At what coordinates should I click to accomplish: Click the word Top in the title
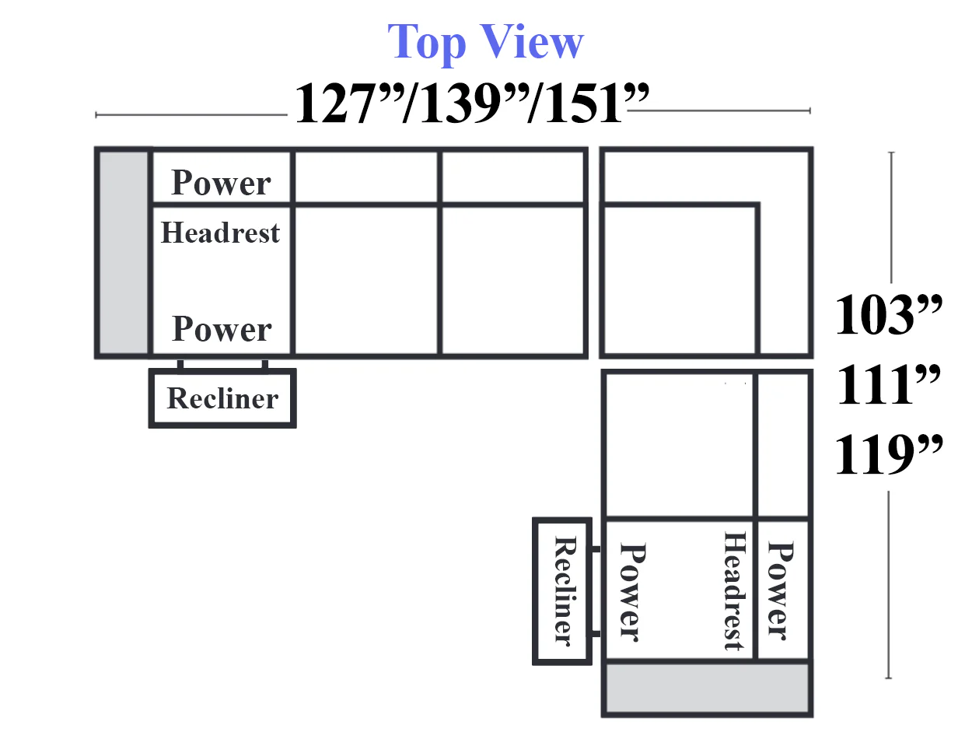(x=427, y=44)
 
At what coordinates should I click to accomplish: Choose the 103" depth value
(x=888, y=314)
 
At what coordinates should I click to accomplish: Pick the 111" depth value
(x=888, y=384)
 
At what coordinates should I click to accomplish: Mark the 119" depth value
(x=888, y=454)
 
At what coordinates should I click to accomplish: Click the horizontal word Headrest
(x=221, y=233)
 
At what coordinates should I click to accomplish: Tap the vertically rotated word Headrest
(x=736, y=591)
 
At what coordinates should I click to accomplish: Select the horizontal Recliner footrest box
(x=222, y=398)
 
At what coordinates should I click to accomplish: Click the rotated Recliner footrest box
(x=562, y=591)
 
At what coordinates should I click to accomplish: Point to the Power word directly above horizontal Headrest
(x=221, y=183)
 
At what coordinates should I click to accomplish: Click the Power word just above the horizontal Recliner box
(x=222, y=329)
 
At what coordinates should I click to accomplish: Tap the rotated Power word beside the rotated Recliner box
(x=633, y=593)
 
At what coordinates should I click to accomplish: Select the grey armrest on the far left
(x=124, y=253)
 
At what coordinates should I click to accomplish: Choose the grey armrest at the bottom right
(x=707, y=688)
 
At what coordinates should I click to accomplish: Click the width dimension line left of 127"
(x=191, y=115)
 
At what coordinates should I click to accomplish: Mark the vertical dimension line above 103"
(x=891, y=217)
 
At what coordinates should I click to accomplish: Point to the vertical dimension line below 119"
(x=888, y=585)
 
